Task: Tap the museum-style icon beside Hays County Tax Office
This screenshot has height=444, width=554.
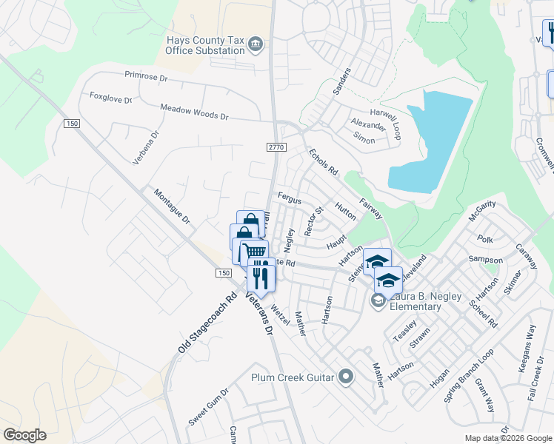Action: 256,44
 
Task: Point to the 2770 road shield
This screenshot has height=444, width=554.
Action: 276,148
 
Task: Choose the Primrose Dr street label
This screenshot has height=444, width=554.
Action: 147,75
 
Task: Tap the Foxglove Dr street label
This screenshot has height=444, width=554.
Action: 110,98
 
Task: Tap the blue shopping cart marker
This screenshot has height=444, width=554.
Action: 254,252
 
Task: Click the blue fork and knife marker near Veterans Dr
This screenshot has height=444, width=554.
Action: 261,277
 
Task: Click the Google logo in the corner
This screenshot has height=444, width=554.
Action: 24,435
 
